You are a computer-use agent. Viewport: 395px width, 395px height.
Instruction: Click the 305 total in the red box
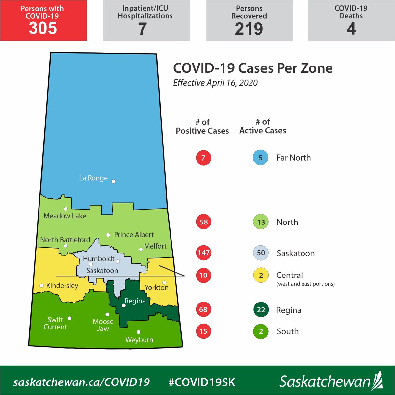pos(43,28)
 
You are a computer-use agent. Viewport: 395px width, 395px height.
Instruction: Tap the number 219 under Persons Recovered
pos(249,29)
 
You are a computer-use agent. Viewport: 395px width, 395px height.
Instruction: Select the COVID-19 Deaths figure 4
pos(351,29)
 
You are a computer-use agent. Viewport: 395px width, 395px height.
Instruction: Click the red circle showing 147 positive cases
pos(203,253)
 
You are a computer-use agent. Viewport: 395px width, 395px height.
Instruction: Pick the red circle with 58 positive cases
pos(203,222)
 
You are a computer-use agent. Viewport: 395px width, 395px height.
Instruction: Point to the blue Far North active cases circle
pos(260,158)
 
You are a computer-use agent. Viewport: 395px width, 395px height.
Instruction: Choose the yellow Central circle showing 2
pos(261,275)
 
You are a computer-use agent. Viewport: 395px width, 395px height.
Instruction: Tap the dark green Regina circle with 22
pos(261,310)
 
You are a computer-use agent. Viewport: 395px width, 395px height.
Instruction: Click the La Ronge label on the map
pos(93,178)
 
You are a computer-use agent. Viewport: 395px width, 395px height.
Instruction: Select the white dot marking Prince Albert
pos(108,235)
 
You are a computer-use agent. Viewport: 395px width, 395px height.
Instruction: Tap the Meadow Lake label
pos(65,216)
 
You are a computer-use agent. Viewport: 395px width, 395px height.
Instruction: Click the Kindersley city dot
pos(41,286)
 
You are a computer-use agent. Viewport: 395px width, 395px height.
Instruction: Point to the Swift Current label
pos(55,323)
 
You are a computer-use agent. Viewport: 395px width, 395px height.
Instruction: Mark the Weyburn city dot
pos(139,332)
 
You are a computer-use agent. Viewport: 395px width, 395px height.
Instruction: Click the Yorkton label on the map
pos(157,288)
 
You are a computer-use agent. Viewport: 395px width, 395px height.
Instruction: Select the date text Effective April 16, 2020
pos(215,83)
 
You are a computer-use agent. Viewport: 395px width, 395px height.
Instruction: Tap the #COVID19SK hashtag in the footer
pos(202,382)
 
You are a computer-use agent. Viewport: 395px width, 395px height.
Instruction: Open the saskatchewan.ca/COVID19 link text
pos(82,382)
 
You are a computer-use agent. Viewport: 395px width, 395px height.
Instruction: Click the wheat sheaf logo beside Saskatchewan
pos(378,381)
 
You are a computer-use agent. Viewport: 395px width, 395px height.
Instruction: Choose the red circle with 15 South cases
pos(203,331)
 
